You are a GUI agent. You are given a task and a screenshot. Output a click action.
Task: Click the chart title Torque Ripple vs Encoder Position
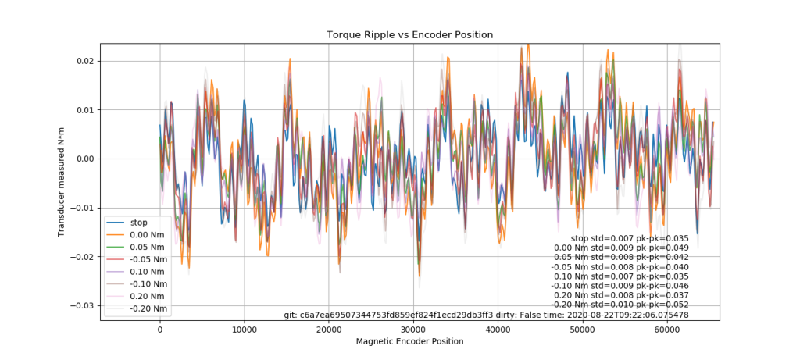click(x=409, y=35)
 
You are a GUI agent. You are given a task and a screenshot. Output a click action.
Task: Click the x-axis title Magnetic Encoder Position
click(x=409, y=342)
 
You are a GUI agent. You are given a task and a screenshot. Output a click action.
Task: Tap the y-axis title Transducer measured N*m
click(x=61, y=180)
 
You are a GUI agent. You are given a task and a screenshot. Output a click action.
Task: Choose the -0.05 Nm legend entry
click(x=149, y=259)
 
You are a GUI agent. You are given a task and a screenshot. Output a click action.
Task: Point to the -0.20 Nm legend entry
click(x=149, y=309)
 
